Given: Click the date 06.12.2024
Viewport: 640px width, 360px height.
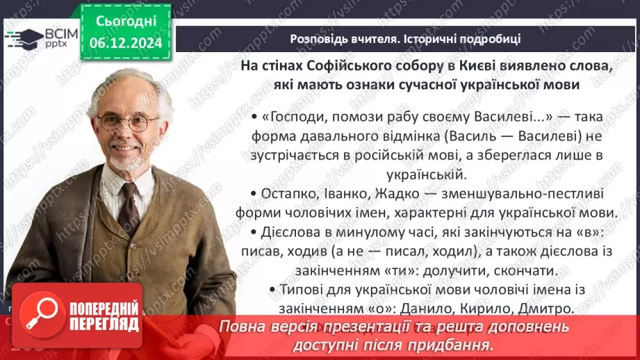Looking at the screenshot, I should click(x=125, y=43).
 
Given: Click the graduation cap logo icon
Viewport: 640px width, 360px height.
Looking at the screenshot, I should click(x=23, y=37).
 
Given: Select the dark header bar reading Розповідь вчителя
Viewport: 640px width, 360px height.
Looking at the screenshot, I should click(x=405, y=38).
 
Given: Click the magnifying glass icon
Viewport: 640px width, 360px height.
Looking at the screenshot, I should click(x=40, y=316).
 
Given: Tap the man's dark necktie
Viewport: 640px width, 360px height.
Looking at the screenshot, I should click(x=129, y=205).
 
